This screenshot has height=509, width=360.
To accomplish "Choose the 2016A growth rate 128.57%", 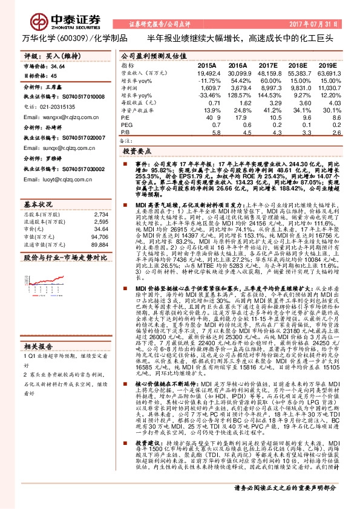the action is pyautogui.click(x=237, y=96).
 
